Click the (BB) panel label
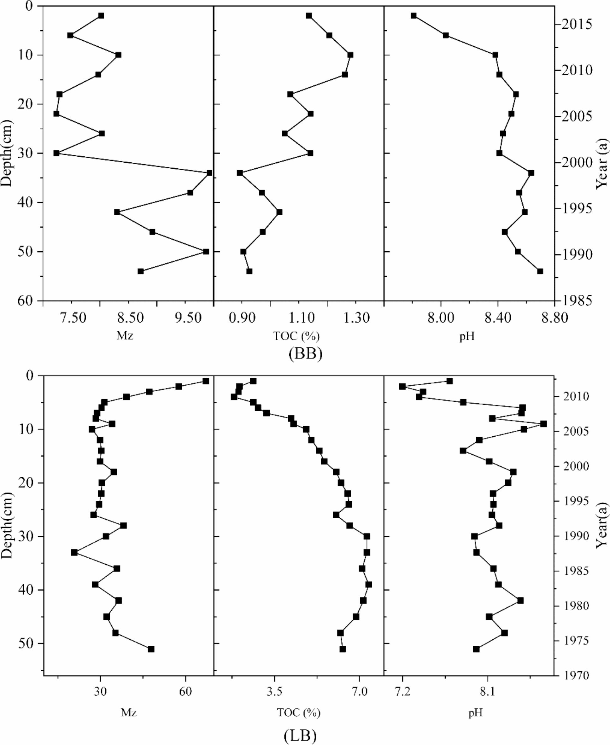coord(305,354)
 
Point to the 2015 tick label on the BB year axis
coord(577,25)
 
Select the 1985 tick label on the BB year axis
coord(577,300)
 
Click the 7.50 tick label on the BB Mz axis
coord(73,318)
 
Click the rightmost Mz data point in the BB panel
coord(209,173)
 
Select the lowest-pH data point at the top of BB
coord(414,16)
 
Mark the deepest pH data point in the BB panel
coord(540,271)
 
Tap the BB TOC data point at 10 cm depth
coord(350,55)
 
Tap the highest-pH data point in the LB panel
coord(543,424)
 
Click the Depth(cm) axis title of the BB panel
coord(6,153)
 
